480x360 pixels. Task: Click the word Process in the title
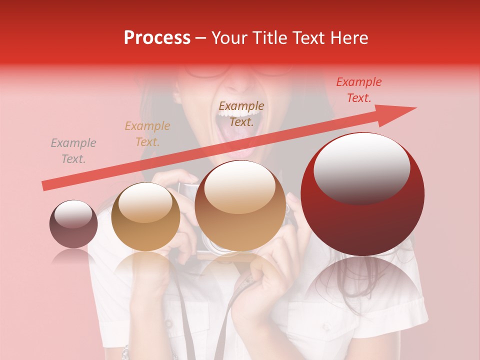tap(157, 38)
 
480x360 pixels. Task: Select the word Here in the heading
tap(349, 38)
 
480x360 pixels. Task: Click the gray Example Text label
tap(73, 151)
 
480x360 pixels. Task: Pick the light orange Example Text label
tap(147, 134)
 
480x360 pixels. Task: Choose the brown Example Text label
tap(241, 114)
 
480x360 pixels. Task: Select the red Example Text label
tap(359, 90)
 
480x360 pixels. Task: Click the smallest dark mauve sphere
tap(73, 224)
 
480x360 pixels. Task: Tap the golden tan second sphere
tap(145, 216)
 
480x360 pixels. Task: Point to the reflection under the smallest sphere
tap(73, 256)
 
